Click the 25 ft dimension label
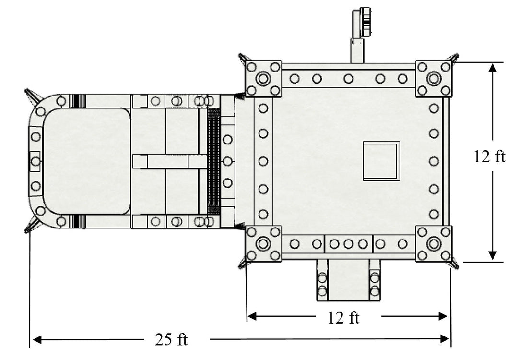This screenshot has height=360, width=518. pyautogui.click(x=171, y=339)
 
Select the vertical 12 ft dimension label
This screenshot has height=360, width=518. pyautogui.click(x=490, y=156)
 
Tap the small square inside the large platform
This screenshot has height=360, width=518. pyautogui.click(x=381, y=161)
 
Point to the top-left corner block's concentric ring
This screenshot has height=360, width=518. pyautogui.click(x=263, y=79)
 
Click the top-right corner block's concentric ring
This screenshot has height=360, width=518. pyautogui.click(x=434, y=79)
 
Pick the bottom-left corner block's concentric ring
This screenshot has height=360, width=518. pyautogui.click(x=263, y=244)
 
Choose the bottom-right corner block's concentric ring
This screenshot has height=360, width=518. pyautogui.click(x=434, y=244)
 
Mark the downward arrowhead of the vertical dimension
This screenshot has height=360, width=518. pyautogui.click(x=492, y=255)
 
